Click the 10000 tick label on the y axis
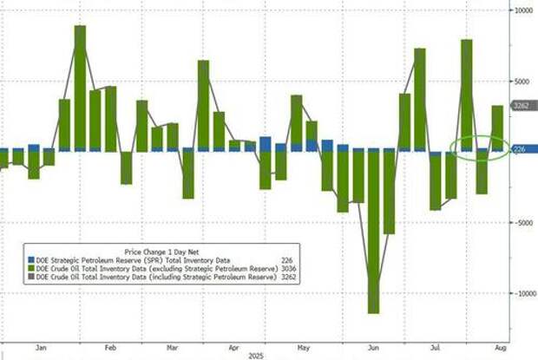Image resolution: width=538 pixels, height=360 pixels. coord(522,10)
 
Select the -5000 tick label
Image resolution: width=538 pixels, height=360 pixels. coord(522,222)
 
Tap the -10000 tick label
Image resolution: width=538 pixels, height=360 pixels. coord(522,293)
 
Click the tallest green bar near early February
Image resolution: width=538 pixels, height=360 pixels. coord(80,87)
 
